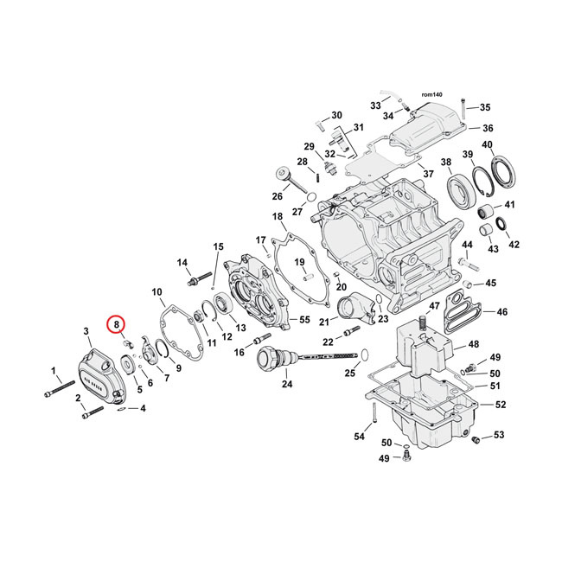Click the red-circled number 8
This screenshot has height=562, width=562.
coord(116,324)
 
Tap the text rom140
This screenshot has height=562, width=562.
coord(431,94)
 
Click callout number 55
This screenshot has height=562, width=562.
coord(303,320)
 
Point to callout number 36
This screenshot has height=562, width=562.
coord(487,128)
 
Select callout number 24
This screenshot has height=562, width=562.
coord(287,383)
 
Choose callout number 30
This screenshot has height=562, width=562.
coord(336,115)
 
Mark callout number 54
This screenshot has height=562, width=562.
coord(359,437)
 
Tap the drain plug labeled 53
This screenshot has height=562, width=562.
coord(475,442)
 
